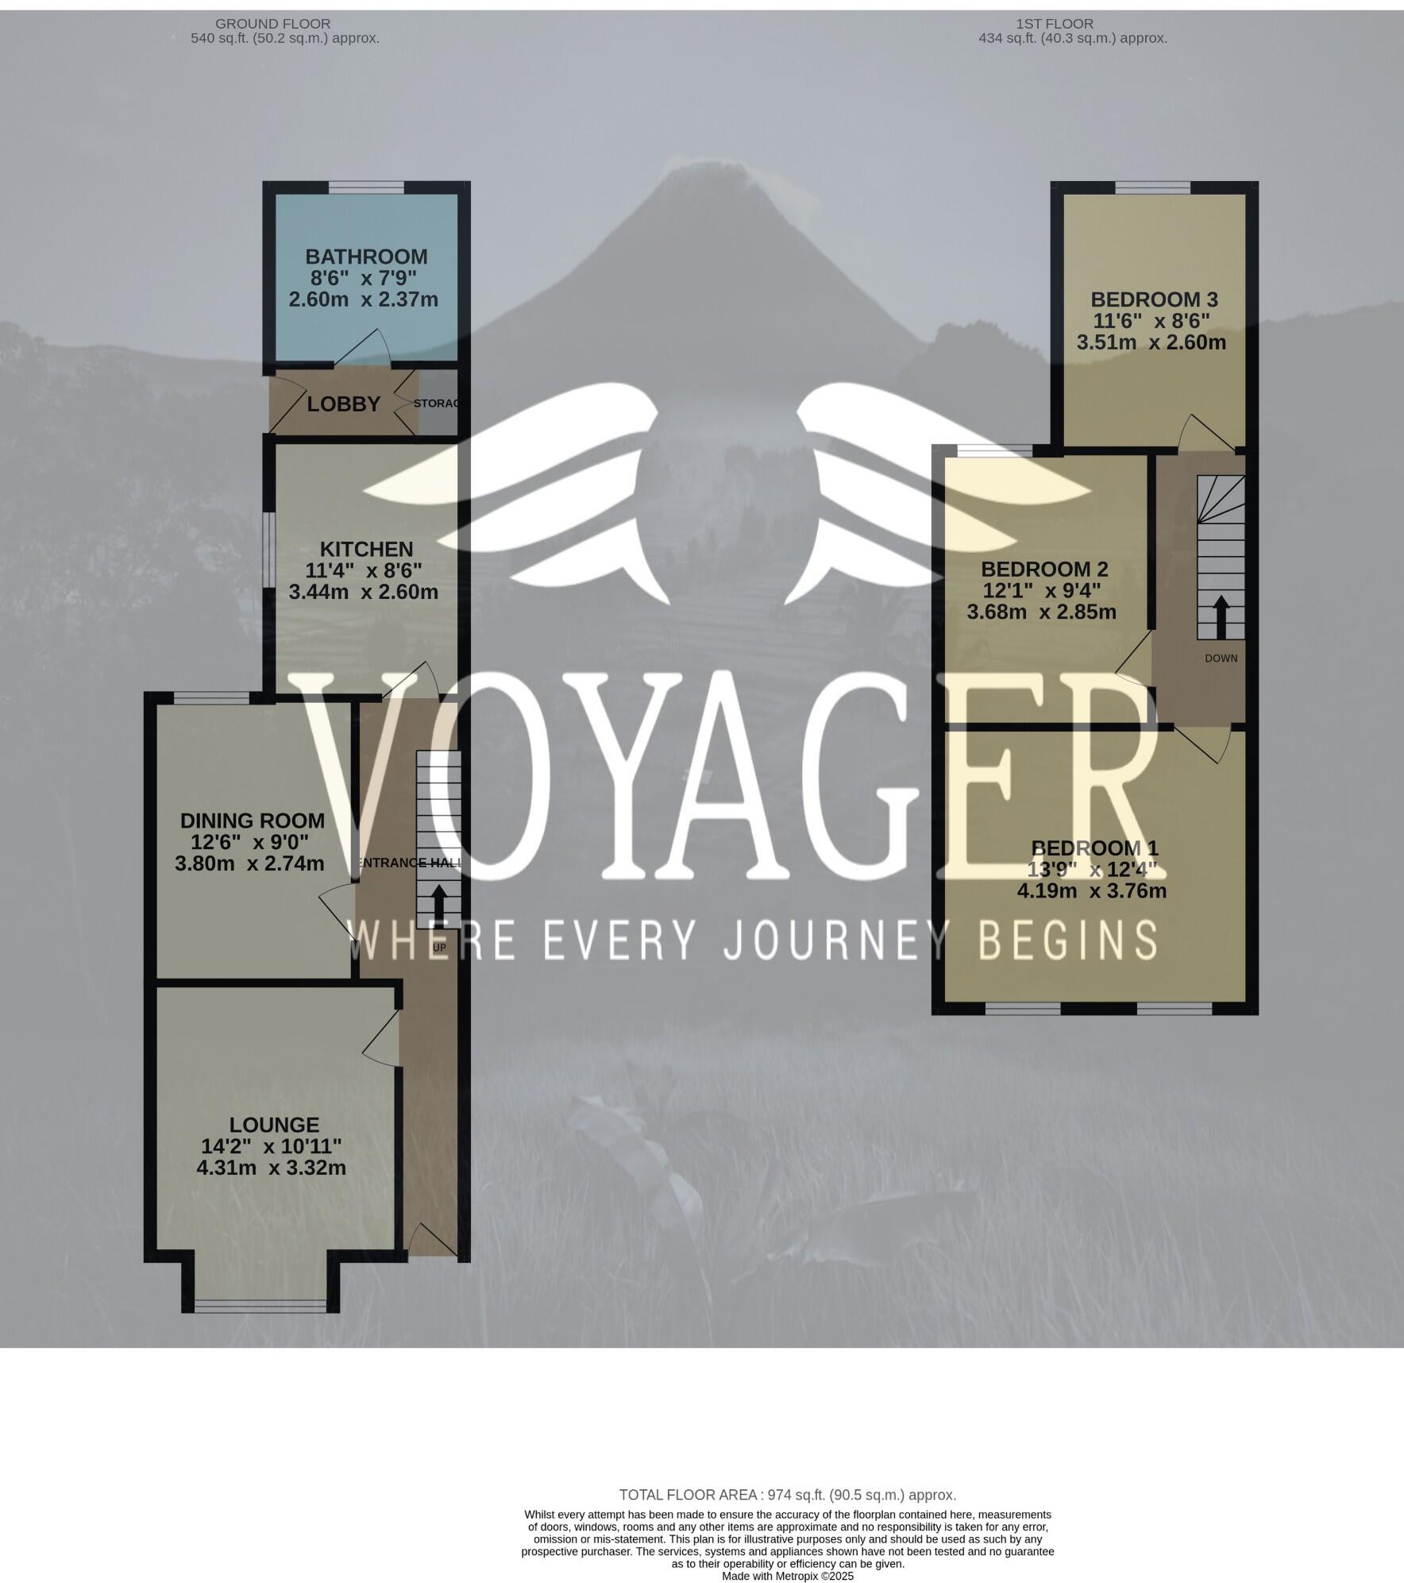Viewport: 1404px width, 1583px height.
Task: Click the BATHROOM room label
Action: coord(366,257)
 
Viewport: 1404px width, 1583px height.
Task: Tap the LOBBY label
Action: coord(343,404)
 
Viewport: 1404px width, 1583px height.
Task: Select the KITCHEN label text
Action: coord(366,549)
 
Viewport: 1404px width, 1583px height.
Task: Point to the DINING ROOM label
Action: coord(252,820)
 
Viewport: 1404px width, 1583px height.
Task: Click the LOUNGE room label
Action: coord(274,1125)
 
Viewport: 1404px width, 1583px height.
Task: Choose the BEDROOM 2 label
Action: coord(1044,569)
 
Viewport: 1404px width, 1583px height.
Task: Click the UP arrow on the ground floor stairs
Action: coord(438,902)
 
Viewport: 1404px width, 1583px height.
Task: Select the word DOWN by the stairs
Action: coord(1221,658)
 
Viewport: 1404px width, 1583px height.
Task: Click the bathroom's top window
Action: coord(366,188)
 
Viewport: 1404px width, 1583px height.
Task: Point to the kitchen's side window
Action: coord(268,549)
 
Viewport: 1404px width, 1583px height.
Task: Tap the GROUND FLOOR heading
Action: coord(272,24)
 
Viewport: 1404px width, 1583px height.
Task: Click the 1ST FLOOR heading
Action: coord(1054,24)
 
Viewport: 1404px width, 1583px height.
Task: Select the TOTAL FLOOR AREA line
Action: coord(787,1495)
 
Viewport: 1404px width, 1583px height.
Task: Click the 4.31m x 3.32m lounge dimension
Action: coord(271,1168)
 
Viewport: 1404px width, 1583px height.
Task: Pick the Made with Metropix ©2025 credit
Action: coord(787,1576)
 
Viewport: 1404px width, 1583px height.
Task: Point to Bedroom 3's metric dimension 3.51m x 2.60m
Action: coord(1151,342)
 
